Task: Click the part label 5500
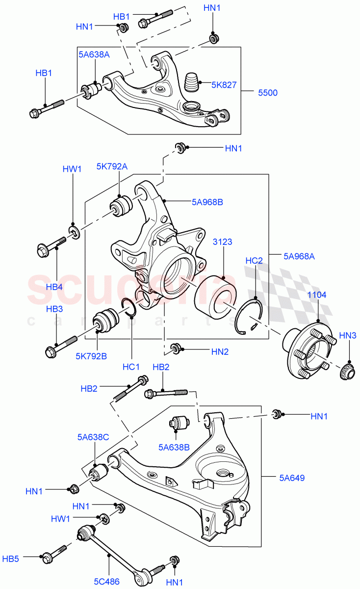tap(268, 92)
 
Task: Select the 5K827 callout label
tap(224, 85)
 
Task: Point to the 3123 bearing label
tap(222, 242)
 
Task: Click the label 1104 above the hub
tap(316, 295)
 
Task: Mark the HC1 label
tap(131, 366)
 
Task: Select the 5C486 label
tap(107, 581)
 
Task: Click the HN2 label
tap(220, 351)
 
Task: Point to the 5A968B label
tap(207, 201)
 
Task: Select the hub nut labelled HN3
tap(347, 373)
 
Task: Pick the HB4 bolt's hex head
tap(42, 251)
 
